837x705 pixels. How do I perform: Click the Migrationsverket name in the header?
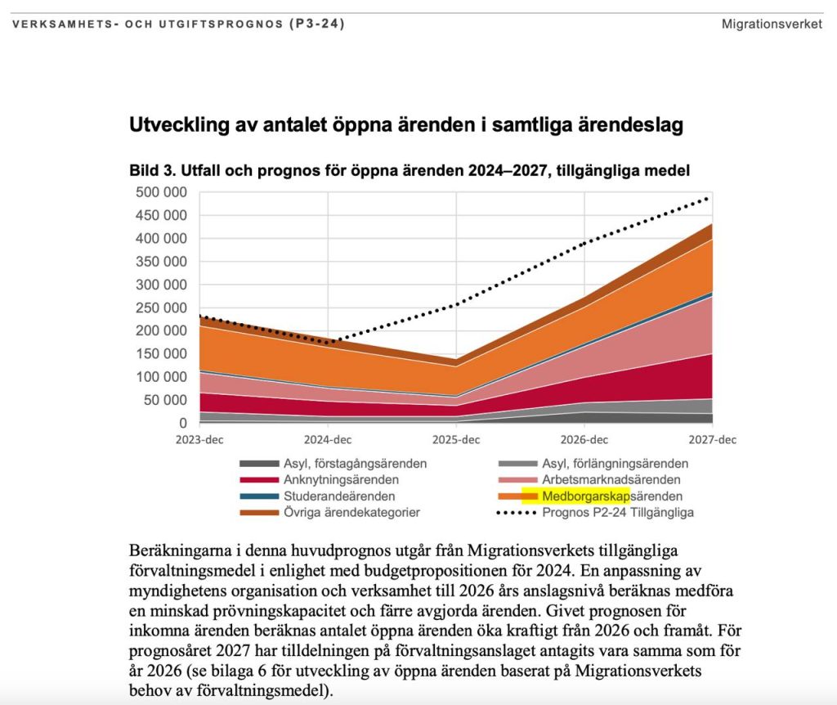(772, 24)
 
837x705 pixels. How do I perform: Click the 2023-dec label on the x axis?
(199, 440)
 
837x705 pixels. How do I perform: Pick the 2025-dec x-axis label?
(456, 440)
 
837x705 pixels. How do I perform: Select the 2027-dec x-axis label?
(713, 440)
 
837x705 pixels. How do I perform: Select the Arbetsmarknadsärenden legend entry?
(611, 480)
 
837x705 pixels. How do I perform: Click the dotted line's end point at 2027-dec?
(709, 197)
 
